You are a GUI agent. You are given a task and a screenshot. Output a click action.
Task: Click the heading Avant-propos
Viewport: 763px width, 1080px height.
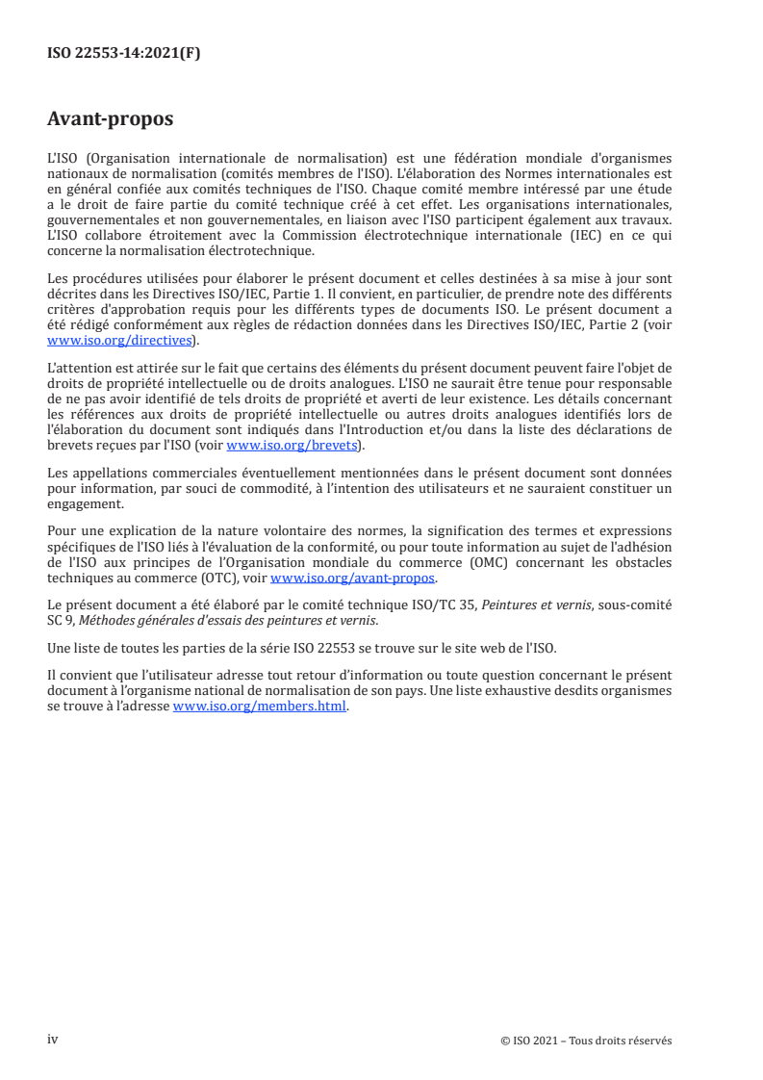tap(110, 119)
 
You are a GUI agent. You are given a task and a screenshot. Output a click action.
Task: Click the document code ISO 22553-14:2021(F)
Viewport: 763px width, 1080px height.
tap(123, 54)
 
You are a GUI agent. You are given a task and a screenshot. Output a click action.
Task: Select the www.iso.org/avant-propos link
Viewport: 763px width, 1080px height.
tap(353, 578)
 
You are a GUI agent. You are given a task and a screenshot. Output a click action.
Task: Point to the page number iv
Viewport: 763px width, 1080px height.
tap(53, 1040)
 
